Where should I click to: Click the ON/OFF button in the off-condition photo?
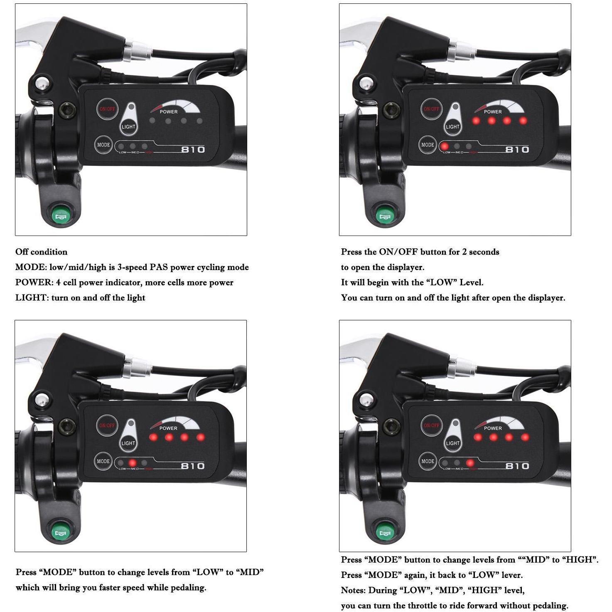point(107,109)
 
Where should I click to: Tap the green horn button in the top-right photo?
point(385,216)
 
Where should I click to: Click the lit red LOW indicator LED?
point(445,146)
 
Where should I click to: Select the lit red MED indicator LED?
point(133,463)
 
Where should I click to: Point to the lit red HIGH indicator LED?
point(470,463)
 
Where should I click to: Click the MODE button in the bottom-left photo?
point(103,461)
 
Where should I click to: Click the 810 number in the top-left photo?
point(193,149)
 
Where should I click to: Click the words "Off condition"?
point(41,252)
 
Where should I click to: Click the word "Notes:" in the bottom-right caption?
point(354,590)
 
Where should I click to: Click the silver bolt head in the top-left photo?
point(42,84)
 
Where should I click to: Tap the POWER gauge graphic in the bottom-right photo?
point(499,424)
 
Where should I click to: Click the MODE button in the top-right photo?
point(428,145)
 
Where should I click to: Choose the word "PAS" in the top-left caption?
point(158,267)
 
